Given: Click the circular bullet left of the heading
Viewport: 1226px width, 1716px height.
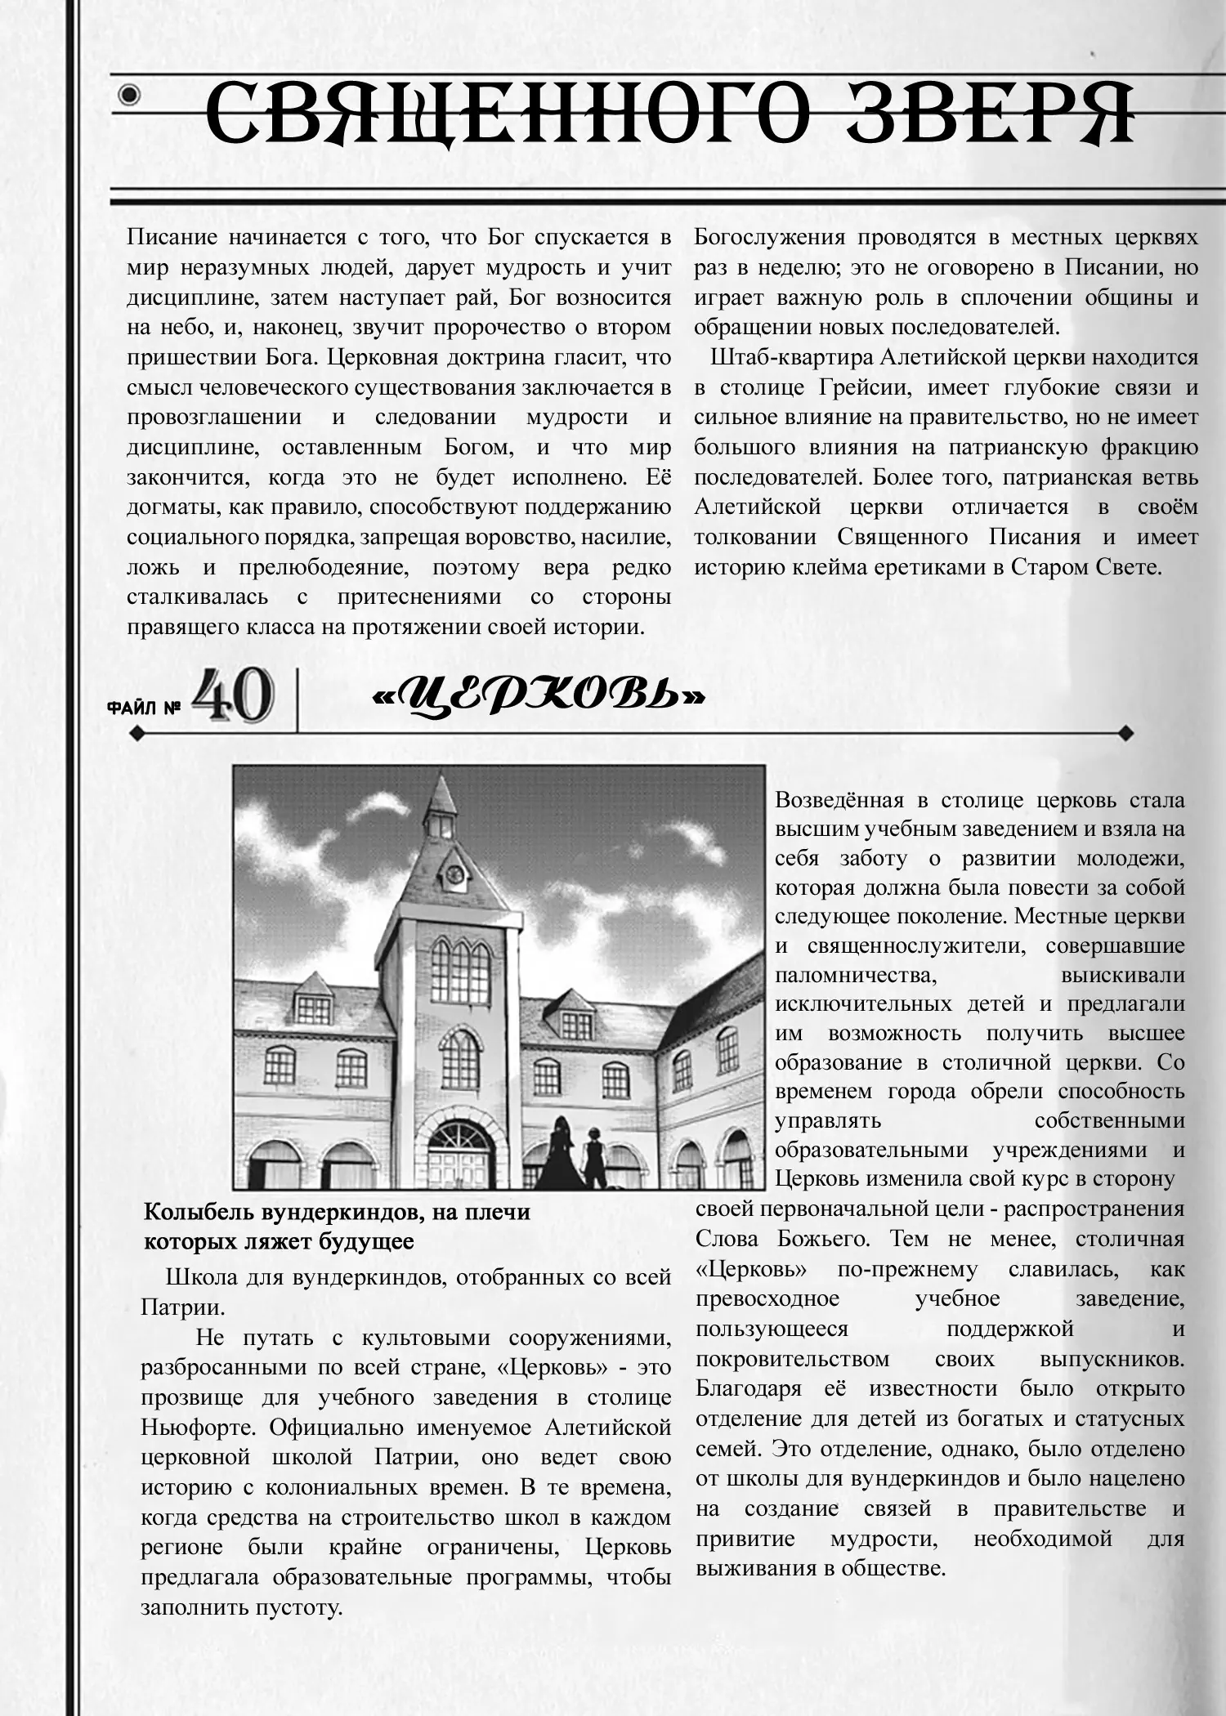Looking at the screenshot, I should [129, 96].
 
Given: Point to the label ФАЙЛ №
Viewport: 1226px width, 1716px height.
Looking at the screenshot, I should [144, 708].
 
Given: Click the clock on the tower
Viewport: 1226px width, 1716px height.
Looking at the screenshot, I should [454, 875].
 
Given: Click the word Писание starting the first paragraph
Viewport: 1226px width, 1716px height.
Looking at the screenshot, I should [172, 238].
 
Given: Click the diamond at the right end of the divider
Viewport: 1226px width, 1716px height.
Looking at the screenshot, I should [1125, 733].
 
